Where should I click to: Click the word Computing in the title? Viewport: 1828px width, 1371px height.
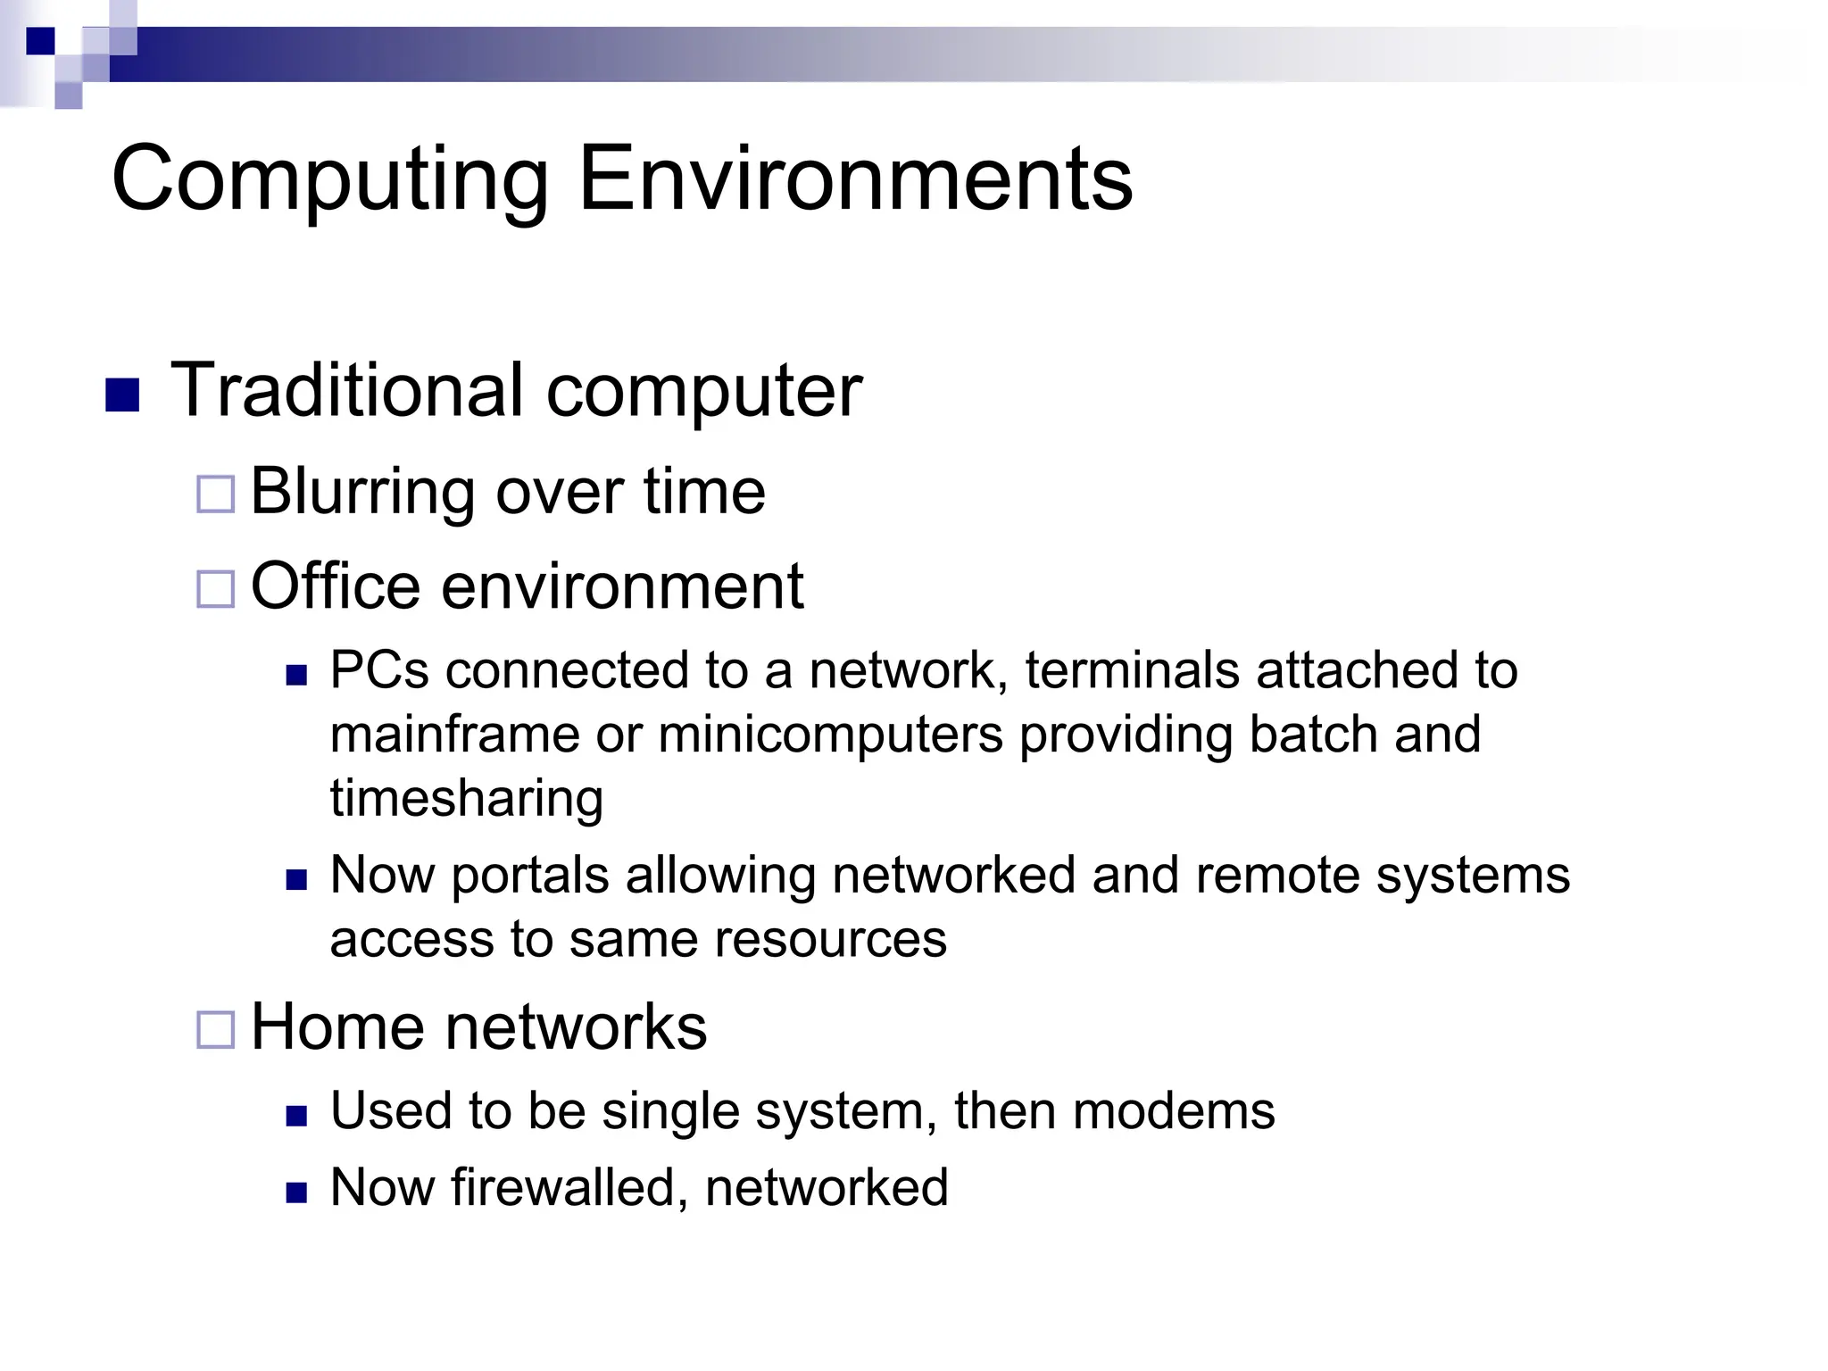[329, 180]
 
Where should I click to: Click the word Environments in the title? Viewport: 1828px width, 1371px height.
[855, 180]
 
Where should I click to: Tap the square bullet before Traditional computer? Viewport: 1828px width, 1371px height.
[122, 395]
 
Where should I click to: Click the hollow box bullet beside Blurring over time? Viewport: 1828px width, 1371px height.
[215, 494]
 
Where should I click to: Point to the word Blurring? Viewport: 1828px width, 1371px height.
[362, 492]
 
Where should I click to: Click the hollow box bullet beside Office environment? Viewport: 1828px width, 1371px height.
[215, 589]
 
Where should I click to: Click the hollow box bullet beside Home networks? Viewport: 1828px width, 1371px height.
[215, 1029]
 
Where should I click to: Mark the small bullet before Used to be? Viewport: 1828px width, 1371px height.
[296, 1116]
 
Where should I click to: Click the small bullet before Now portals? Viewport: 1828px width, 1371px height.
[296, 881]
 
